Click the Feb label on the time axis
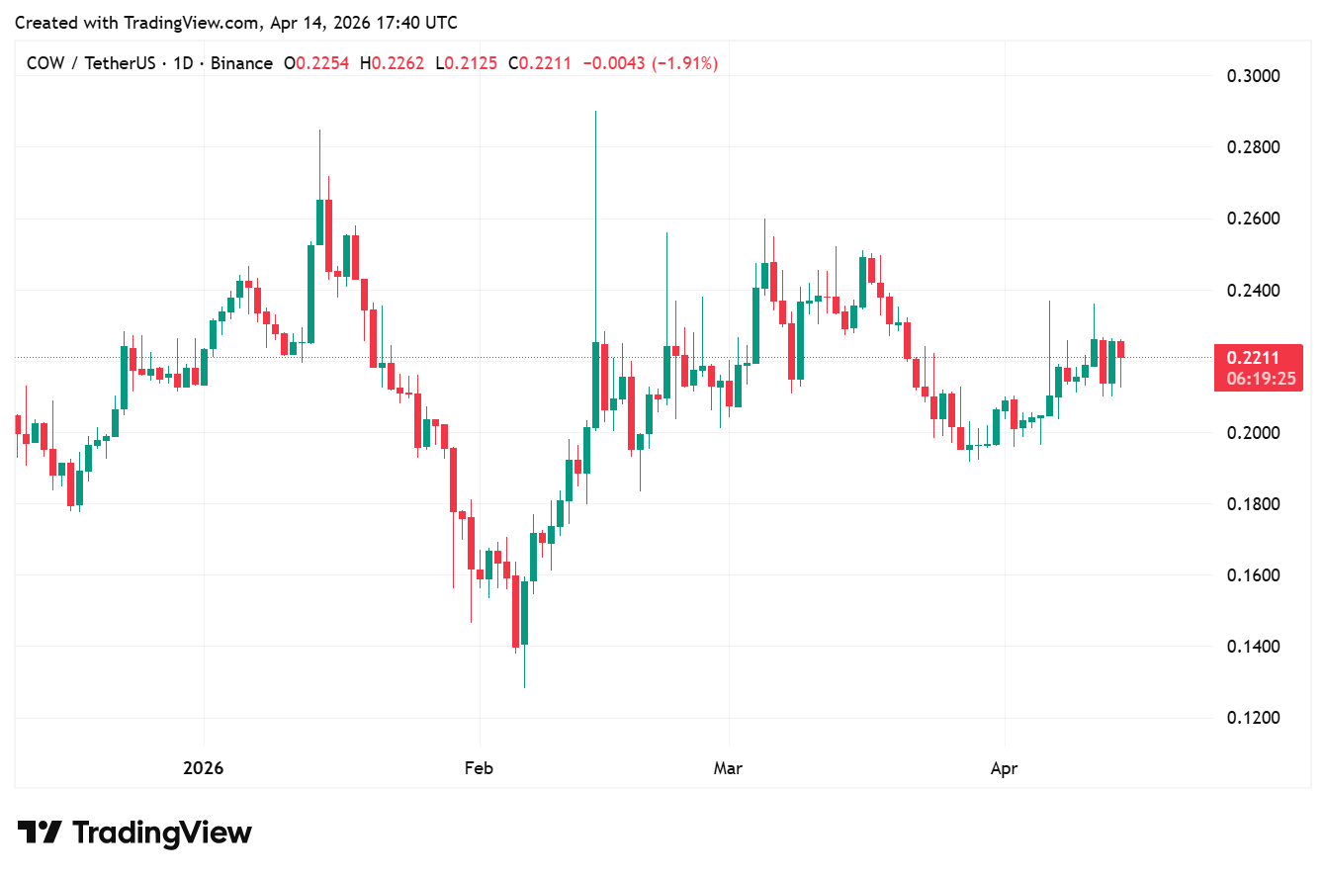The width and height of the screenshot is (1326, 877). tap(479, 768)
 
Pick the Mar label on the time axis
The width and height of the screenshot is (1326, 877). tap(729, 768)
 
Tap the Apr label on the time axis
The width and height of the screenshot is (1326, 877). tap(1005, 768)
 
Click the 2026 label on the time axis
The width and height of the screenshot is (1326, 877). tap(204, 768)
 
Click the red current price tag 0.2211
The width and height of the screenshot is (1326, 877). tap(1253, 358)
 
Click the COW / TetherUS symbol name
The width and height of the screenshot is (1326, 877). tap(90, 63)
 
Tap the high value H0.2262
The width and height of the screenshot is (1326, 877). tap(392, 63)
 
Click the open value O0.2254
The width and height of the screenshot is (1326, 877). tap(317, 63)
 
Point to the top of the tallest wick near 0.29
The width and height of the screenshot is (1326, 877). tap(595, 113)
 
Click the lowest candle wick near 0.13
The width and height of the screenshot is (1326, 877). tap(524, 686)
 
